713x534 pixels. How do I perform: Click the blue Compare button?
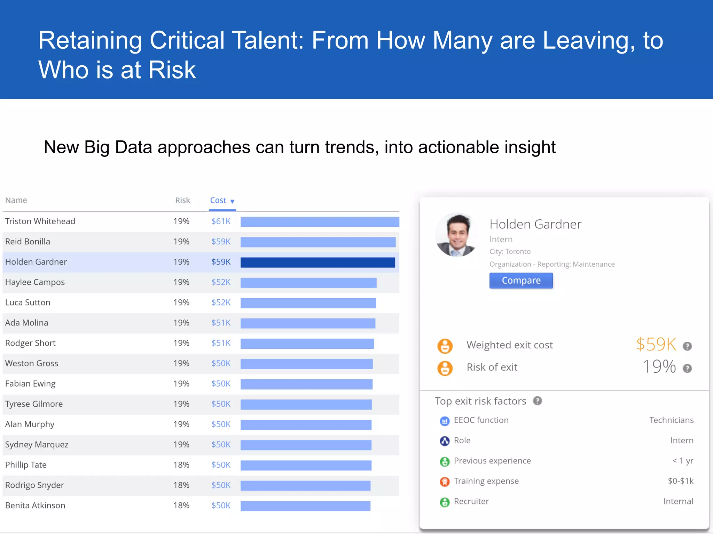pos(521,281)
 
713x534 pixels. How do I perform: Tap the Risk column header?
pos(182,200)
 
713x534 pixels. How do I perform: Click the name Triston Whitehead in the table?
pos(40,221)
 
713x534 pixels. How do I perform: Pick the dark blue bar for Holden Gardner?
pos(318,262)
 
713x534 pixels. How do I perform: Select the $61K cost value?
pos(221,221)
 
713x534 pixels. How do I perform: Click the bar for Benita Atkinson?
pos(305,506)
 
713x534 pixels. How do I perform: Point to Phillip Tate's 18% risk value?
pos(181,465)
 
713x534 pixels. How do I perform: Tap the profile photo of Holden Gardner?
pos(457,235)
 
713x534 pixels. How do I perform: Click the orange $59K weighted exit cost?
pos(656,345)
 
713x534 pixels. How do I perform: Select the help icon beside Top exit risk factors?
pos(538,401)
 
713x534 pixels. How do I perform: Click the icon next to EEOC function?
pos(445,421)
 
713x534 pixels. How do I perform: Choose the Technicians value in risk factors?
pos(671,420)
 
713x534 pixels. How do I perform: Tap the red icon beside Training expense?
pos(445,482)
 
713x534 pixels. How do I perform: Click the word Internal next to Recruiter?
pos(678,501)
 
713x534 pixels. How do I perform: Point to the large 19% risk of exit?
pos(659,367)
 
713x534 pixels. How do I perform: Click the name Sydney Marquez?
pos(37,445)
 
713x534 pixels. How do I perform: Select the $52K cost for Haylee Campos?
pos(221,282)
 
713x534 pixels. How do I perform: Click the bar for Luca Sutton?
pos(308,303)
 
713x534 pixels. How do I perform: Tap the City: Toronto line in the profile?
pos(510,252)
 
